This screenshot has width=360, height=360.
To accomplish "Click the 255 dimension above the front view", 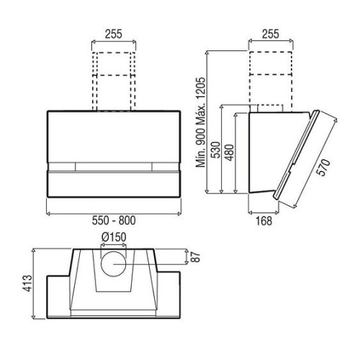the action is click(x=114, y=34).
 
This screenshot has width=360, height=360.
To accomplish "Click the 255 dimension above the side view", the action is click(x=271, y=34).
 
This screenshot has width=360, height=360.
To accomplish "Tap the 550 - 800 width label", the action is click(x=114, y=220).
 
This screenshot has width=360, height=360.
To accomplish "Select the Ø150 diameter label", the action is click(x=114, y=238).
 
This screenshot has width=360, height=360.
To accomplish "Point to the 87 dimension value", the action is click(x=197, y=257).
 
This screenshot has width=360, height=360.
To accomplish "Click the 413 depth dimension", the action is click(x=27, y=284).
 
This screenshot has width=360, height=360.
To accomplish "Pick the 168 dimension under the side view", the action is click(x=264, y=221).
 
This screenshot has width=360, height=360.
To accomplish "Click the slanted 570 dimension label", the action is click(x=323, y=167).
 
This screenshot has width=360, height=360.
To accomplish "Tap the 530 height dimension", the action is click(x=215, y=150).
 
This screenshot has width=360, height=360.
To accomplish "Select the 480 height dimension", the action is click(x=230, y=153).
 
